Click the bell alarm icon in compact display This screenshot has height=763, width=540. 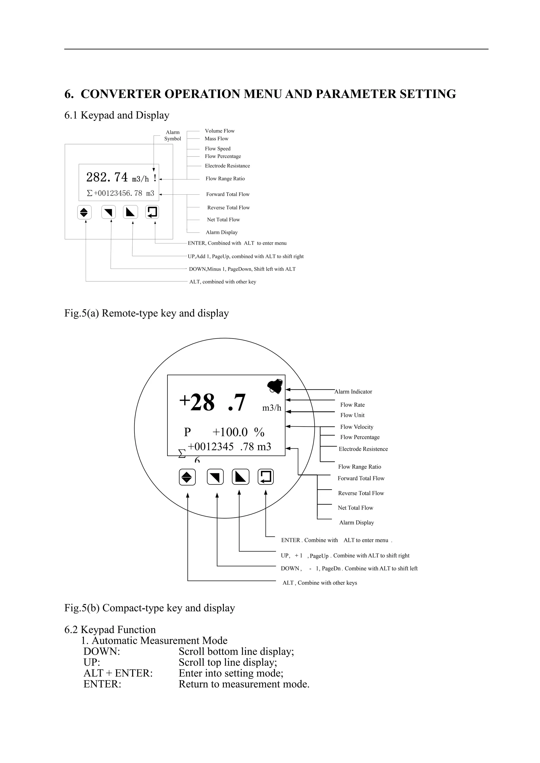(x=275, y=386)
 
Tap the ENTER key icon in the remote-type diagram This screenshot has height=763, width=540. (x=152, y=212)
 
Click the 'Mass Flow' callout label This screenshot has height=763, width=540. (x=216, y=139)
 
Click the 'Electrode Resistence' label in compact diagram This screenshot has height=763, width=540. (x=363, y=449)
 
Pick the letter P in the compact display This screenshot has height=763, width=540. (x=187, y=432)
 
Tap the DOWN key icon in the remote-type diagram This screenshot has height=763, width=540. (x=108, y=212)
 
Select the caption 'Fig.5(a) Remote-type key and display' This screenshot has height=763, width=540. (x=146, y=313)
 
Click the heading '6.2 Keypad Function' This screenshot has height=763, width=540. (x=110, y=629)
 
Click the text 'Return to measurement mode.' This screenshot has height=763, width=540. (x=244, y=684)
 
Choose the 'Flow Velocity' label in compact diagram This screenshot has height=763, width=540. (x=356, y=427)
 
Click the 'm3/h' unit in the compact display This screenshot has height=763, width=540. (x=272, y=408)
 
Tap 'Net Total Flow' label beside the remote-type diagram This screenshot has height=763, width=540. (x=223, y=220)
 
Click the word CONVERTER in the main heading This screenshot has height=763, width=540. (x=121, y=94)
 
